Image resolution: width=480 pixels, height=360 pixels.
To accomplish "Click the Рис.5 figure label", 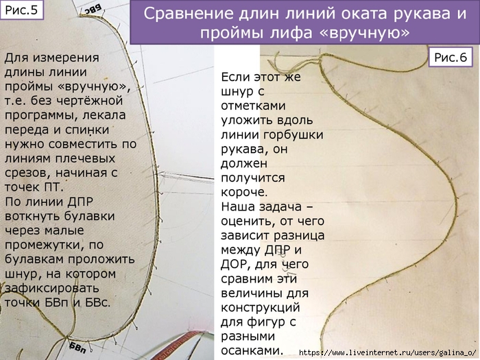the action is pyautogui.click(x=21, y=10).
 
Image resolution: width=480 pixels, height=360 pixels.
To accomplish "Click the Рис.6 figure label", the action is pyautogui.click(x=451, y=57).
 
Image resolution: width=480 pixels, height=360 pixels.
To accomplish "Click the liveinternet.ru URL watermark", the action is pyautogui.click(x=387, y=352).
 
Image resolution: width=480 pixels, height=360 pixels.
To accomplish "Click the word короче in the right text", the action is pyautogui.click(x=244, y=192).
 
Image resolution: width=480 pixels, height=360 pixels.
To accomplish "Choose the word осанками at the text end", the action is pyautogui.click(x=251, y=350).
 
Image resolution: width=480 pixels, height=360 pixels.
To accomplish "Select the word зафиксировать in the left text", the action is pyautogui.click(x=51, y=289).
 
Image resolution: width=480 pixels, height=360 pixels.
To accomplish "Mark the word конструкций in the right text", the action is pyautogui.click(x=260, y=307).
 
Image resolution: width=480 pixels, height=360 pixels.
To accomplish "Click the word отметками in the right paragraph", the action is pyautogui.click(x=253, y=106).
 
